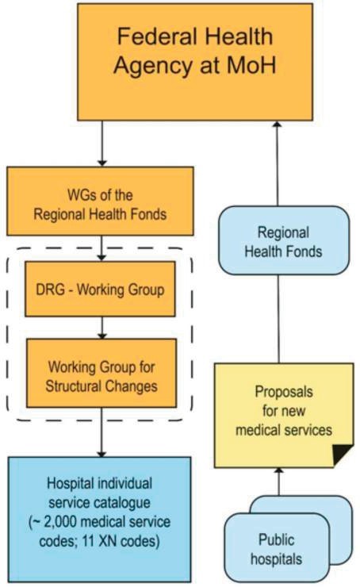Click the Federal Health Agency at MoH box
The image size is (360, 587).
195,62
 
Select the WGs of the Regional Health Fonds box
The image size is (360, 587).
100,201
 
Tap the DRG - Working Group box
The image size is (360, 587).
100,289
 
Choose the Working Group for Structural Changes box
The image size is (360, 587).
101,374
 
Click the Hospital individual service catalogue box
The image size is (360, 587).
100,520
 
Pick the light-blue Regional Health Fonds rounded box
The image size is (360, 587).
284,240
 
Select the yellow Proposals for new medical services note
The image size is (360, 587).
284,415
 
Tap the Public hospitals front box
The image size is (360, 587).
277,548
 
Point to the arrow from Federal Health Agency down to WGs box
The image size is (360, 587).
101,144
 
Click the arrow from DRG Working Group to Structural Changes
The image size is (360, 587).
101,328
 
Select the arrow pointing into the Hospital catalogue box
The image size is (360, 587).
101,432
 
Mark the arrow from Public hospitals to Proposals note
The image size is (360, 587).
278,481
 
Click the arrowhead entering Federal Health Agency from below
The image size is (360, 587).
277,124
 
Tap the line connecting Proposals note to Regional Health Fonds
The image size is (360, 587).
278,319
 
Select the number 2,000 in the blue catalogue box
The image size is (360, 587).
60,522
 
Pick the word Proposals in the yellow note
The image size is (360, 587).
284,392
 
